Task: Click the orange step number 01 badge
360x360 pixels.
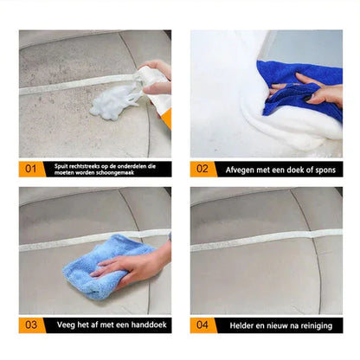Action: click(31, 168)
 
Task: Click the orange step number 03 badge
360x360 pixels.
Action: click(31, 325)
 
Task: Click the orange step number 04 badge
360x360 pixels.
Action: click(204, 325)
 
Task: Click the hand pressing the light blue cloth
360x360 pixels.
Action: click(130, 264)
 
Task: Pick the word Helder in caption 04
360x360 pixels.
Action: click(245, 325)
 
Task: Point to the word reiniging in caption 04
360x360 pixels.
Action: click(314, 325)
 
